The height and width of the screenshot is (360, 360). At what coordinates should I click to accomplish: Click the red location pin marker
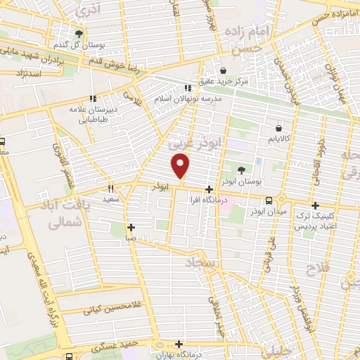click(x=181, y=165)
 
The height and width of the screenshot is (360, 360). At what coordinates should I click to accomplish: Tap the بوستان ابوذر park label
click(x=240, y=181)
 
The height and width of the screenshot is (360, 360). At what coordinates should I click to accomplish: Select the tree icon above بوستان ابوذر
click(x=241, y=169)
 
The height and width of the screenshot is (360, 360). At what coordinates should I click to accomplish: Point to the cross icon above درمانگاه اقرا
click(x=209, y=189)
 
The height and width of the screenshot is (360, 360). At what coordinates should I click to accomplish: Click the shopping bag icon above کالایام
click(x=280, y=129)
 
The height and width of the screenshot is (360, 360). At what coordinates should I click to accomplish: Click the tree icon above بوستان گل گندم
click(x=79, y=33)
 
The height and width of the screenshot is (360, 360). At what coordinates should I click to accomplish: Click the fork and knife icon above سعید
click(x=110, y=188)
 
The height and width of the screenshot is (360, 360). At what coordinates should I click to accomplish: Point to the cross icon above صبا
click(x=131, y=227)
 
